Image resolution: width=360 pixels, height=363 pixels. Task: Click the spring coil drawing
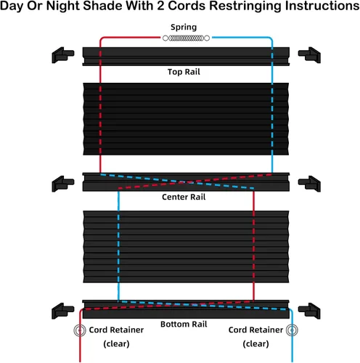(186, 38)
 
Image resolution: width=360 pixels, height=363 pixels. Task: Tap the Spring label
(184, 28)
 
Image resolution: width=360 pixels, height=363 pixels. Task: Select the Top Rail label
(184, 72)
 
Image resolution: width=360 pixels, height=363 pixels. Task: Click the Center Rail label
(184, 197)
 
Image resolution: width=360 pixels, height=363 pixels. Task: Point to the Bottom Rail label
(184, 324)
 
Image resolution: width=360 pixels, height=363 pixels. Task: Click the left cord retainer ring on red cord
(80, 330)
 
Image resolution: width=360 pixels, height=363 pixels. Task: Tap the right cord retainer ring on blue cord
(292, 330)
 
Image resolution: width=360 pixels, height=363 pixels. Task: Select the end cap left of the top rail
(62, 55)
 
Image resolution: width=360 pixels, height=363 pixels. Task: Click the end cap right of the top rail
(309, 55)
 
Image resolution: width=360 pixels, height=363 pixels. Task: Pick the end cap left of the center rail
(62, 184)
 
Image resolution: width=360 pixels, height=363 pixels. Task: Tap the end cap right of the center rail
(309, 184)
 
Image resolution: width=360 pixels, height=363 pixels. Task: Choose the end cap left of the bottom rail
(62, 311)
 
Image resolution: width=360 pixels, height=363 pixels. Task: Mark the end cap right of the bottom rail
(309, 311)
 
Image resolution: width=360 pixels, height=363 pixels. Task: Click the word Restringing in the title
(245, 6)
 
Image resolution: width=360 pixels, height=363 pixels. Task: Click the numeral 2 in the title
(160, 6)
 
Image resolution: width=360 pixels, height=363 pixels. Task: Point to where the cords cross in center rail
(186, 182)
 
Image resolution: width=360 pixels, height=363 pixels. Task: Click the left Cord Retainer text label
(116, 330)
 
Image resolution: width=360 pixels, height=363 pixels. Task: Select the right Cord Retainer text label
(255, 330)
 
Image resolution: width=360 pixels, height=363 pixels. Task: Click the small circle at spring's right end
(207, 38)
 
